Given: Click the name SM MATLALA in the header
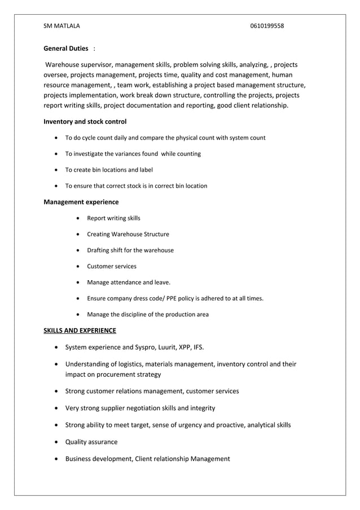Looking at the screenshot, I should coord(62,26).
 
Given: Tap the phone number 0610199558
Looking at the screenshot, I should coord(267,26).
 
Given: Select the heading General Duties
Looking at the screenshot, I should coord(66,49).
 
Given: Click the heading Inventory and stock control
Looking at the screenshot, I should coord(85,121).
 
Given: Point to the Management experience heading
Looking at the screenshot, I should coord(81,202).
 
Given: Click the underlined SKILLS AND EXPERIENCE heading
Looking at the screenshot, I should coord(80,330).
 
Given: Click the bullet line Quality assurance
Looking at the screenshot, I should coord(91,442).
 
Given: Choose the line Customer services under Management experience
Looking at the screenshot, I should coord(112,266).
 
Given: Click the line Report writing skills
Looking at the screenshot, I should coord(113,218).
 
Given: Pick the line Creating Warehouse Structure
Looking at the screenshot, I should coord(128,234).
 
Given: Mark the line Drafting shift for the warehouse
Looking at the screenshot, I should coord(130,250).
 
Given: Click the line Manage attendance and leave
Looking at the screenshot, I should coord(129,282).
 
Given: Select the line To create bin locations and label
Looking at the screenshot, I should coord(109,169).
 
